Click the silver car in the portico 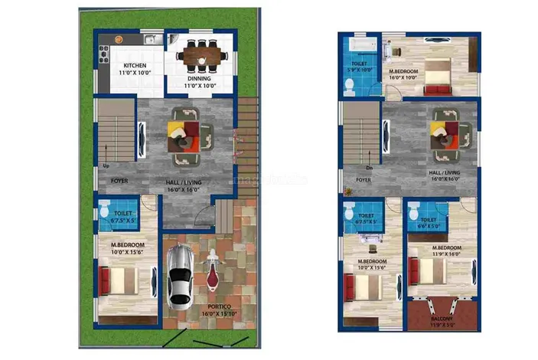tap(179, 274)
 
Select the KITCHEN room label tap(135, 66)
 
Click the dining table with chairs tap(202, 54)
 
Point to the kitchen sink tap(150, 39)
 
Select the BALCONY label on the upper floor tap(441, 318)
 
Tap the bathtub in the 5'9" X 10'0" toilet tap(360, 49)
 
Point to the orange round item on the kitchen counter tap(119, 38)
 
